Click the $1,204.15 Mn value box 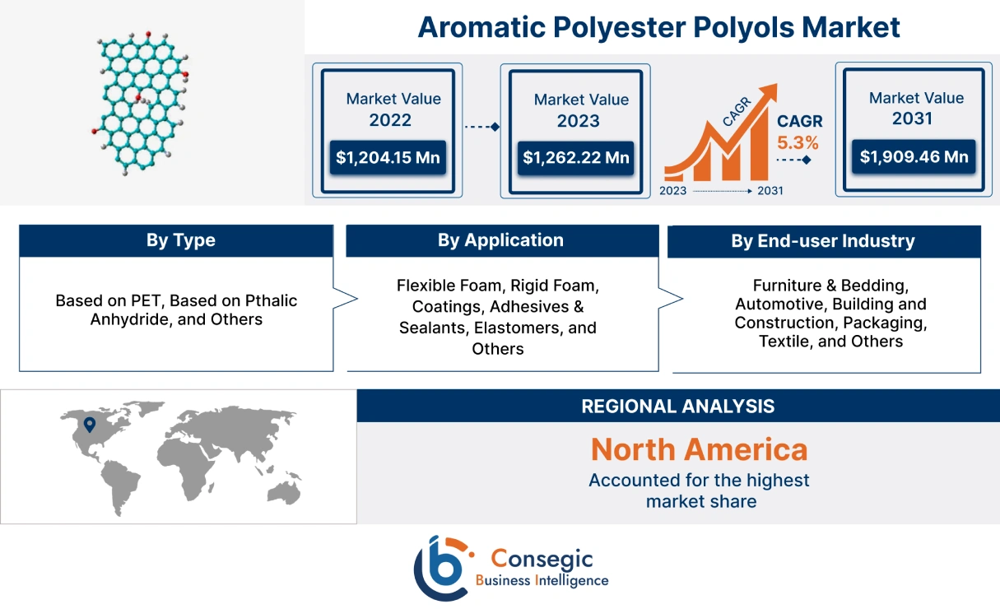(x=388, y=157)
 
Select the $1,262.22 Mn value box (x=574, y=157)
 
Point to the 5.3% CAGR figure (x=798, y=142)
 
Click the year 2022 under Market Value (x=390, y=120)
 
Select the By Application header (x=500, y=240)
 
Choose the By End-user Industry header (x=823, y=241)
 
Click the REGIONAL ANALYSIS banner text (x=677, y=406)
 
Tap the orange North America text (x=699, y=449)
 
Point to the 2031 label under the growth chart (x=770, y=191)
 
